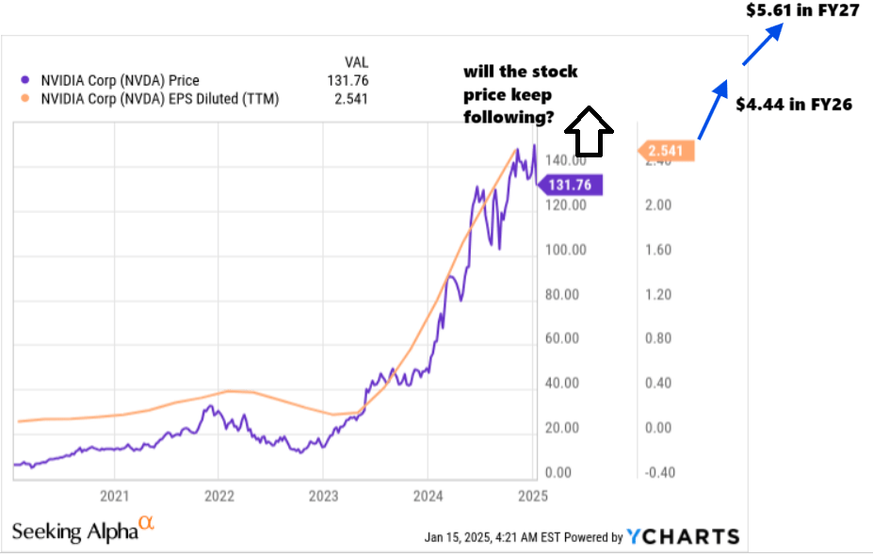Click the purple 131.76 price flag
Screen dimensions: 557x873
tap(570, 185)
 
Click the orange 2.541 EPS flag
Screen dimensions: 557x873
tap(668, 151)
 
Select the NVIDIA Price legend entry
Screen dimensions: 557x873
tap(120, 81)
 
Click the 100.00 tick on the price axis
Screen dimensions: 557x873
tap(566, 250)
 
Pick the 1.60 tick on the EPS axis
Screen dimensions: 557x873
tap(659, 250)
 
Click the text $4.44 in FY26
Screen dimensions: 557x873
tap(793, 105)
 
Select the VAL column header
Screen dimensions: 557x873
tap(357, 62)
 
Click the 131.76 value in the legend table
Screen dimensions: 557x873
tap(349, 81)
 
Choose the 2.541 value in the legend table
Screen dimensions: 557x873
tap(351, 98)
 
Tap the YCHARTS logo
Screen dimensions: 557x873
tap(684, 536)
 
